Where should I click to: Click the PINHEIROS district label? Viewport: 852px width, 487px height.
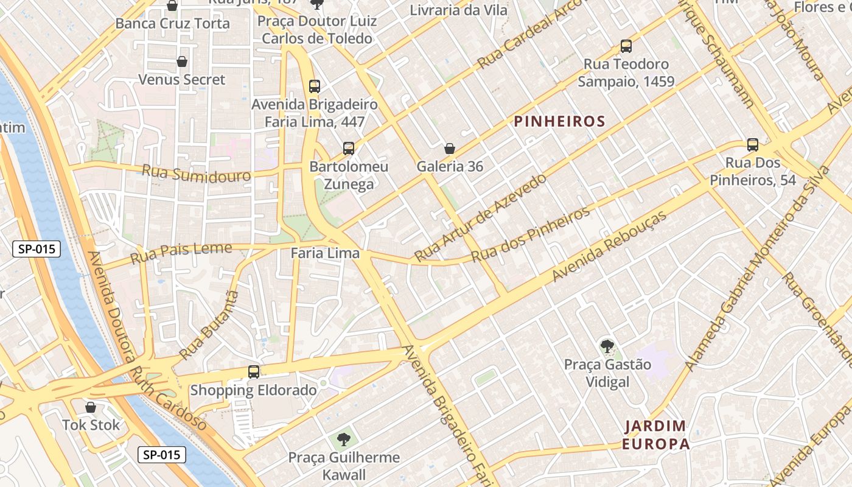coord(560,121)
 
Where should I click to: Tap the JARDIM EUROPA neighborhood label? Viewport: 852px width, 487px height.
coord(656,435)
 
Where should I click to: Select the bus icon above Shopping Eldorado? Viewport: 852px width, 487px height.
coord(254,371)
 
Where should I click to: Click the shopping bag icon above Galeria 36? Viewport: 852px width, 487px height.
coord(450,148)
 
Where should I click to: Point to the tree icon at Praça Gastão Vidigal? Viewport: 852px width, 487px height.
coord(607,346)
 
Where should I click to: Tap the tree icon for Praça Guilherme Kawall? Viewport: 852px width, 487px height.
coord(344,439)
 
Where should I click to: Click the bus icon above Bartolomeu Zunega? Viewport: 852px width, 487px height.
coord(349,148)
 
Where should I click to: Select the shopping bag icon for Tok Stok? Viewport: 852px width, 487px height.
coord(91,407)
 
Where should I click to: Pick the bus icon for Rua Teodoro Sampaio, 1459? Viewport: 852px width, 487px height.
coord(626,46)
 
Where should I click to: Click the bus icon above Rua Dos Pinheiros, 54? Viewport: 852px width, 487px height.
coord(753,144)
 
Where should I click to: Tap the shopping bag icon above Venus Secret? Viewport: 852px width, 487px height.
coord(181,61)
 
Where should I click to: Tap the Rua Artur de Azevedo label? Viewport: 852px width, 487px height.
coord(480,217)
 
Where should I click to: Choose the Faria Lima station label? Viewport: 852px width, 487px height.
coord(325,253)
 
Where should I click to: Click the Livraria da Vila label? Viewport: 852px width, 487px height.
coord(458,10)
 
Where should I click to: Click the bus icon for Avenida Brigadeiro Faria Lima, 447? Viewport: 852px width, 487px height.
coord(315,86)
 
